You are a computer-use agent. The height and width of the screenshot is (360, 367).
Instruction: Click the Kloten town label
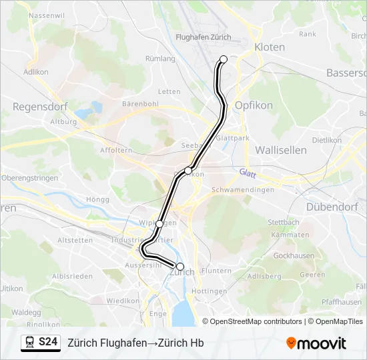coord(270,47)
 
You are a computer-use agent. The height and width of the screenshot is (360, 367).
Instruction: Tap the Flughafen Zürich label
coord(203,37)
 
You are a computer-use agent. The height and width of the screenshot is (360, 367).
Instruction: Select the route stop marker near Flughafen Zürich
coord(224,59)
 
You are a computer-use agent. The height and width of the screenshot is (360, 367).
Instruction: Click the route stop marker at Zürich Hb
coord(179,266)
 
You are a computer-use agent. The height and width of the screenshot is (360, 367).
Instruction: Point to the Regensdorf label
coord(37,106)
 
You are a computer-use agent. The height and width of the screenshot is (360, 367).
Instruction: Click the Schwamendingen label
coord(243,190)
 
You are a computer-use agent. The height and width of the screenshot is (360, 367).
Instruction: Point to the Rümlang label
coord(160,59)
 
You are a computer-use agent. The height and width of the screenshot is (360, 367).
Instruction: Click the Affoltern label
coord(115,151)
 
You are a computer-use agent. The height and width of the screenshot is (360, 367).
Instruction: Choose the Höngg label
coord(97,199)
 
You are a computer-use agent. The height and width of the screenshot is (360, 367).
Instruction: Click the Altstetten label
coord(75,240)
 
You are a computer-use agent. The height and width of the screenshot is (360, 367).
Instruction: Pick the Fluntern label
coord(216,271)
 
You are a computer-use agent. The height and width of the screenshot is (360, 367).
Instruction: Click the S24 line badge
coord(48,343)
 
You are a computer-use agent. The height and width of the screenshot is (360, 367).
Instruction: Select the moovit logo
coord(316,343)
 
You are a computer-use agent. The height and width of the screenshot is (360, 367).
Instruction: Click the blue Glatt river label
coord(248,172)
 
